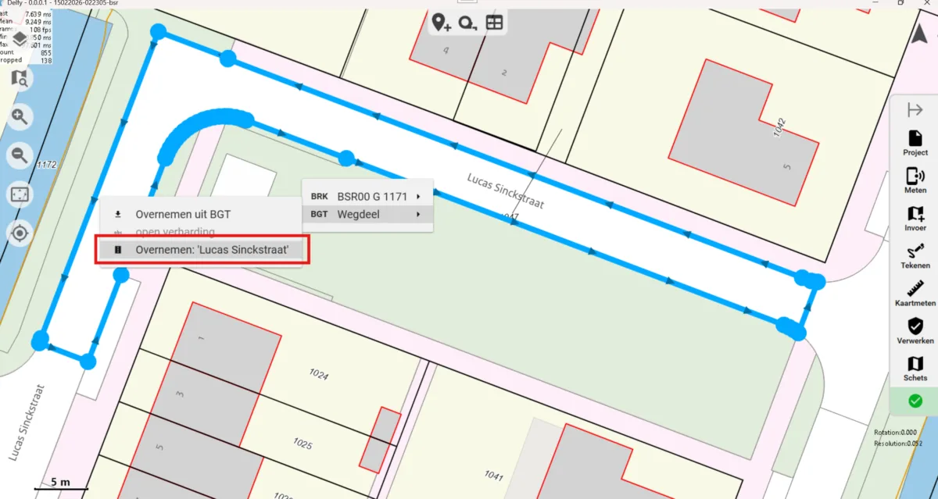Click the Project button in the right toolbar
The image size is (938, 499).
point(915,142)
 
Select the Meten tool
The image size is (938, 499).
point(915,180)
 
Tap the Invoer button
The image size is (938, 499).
point(915,217)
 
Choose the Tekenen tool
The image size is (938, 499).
point(915,255)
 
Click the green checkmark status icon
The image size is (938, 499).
point(915,401)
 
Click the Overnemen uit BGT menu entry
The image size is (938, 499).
point(183,214)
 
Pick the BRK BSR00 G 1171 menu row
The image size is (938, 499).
point(367,197)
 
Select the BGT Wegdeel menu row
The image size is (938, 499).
point(367,214)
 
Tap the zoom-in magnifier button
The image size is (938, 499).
point(19,117)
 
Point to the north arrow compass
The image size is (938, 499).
point(919,34)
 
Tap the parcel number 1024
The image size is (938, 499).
point(318,375)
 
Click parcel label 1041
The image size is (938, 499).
point(494,474)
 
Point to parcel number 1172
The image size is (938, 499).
point(47,165)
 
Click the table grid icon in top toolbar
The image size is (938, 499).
point(494,23)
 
